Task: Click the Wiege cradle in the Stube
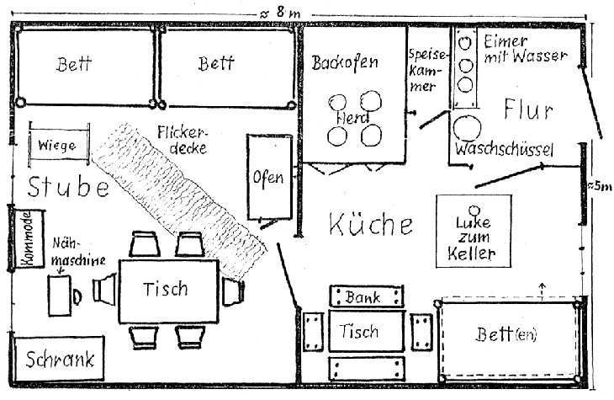pyautogui.click(x=56, y=144)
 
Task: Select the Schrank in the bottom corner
pyautogui.click(x=59, y=360)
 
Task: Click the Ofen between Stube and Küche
pyautogui.click(x=268, y=179)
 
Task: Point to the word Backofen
pyautogui.click(x=345, y=63)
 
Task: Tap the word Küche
pyautogui.click(x=371, y=225)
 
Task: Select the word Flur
pyautogui.click(x=527, y=109)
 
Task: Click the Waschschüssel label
pyautogui.click(x=503, y=150)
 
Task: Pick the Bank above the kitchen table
pyautogui.click(x=363, y=297)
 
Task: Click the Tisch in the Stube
pyautogui.click(x=166, y=289)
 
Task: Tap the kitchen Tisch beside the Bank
pyautogui.click(x=360, y=332)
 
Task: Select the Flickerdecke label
pyautogui.click(x=183, y=140)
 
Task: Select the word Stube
pyautogui.click(x=67, y=186)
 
